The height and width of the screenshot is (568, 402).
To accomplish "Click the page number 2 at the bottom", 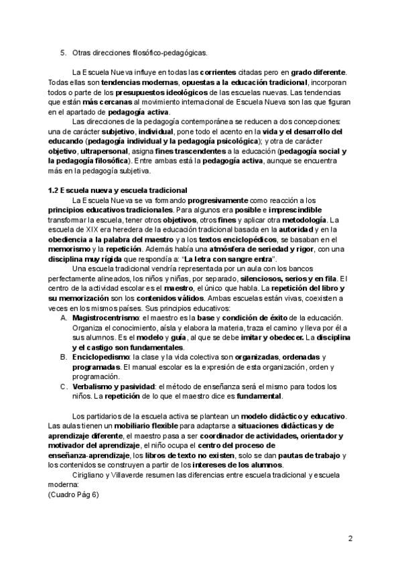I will click(x=350, y=539).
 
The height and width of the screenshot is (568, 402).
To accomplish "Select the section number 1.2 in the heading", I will click(x=54, y=190).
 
